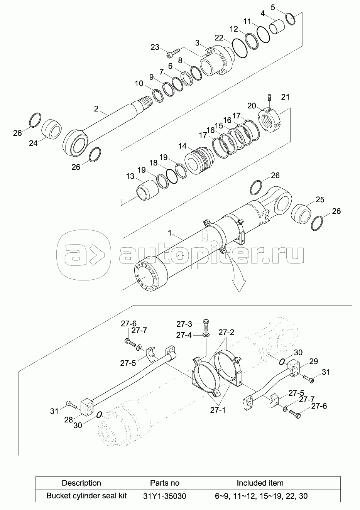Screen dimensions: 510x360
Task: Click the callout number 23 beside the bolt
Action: pyautogui.click(x=155, y=47)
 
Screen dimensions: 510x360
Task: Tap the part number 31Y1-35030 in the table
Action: pyautogui.click(x=164, y=496)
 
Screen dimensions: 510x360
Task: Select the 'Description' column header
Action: pyautogui.click(x=81, y=483)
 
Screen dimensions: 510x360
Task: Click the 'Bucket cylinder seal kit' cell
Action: pyautogui.click(x=85, y=496)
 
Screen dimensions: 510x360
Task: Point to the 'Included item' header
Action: pyautogui.click(x=260, y=483)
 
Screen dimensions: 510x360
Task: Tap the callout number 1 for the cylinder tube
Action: pyautogui.click(x=170, y=234)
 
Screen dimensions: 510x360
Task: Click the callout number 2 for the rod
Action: pyautogui.click(x=96, y=109)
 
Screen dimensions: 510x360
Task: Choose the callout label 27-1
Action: pyautogui.click(x=218, y=410)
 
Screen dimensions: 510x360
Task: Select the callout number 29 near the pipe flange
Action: pyautogui.click(x=313, y=361)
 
